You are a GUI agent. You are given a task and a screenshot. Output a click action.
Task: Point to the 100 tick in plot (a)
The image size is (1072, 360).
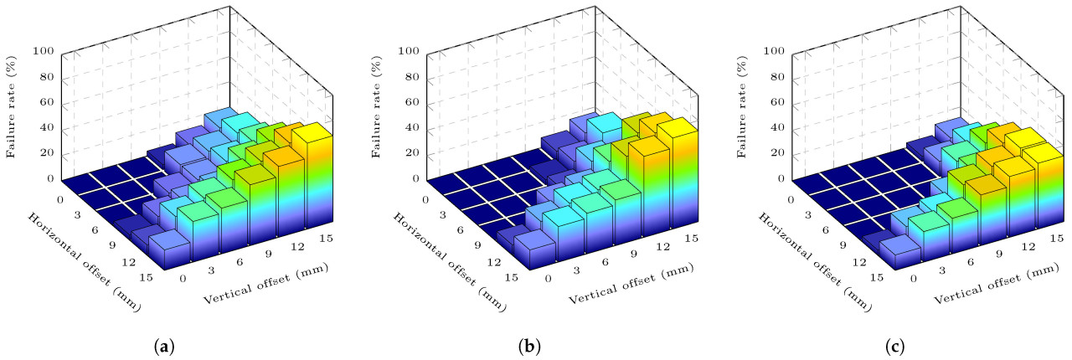point(44,52)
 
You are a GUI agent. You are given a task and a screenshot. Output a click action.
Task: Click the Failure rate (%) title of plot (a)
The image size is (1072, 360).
point(13,115)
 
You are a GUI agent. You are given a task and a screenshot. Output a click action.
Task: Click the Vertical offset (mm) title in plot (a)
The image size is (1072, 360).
point(265,284)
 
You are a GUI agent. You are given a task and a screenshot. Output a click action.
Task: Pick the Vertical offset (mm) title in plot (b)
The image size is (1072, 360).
point(631,284)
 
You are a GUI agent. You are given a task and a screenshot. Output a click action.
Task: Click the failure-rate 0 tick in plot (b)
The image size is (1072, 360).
point(416,179)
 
